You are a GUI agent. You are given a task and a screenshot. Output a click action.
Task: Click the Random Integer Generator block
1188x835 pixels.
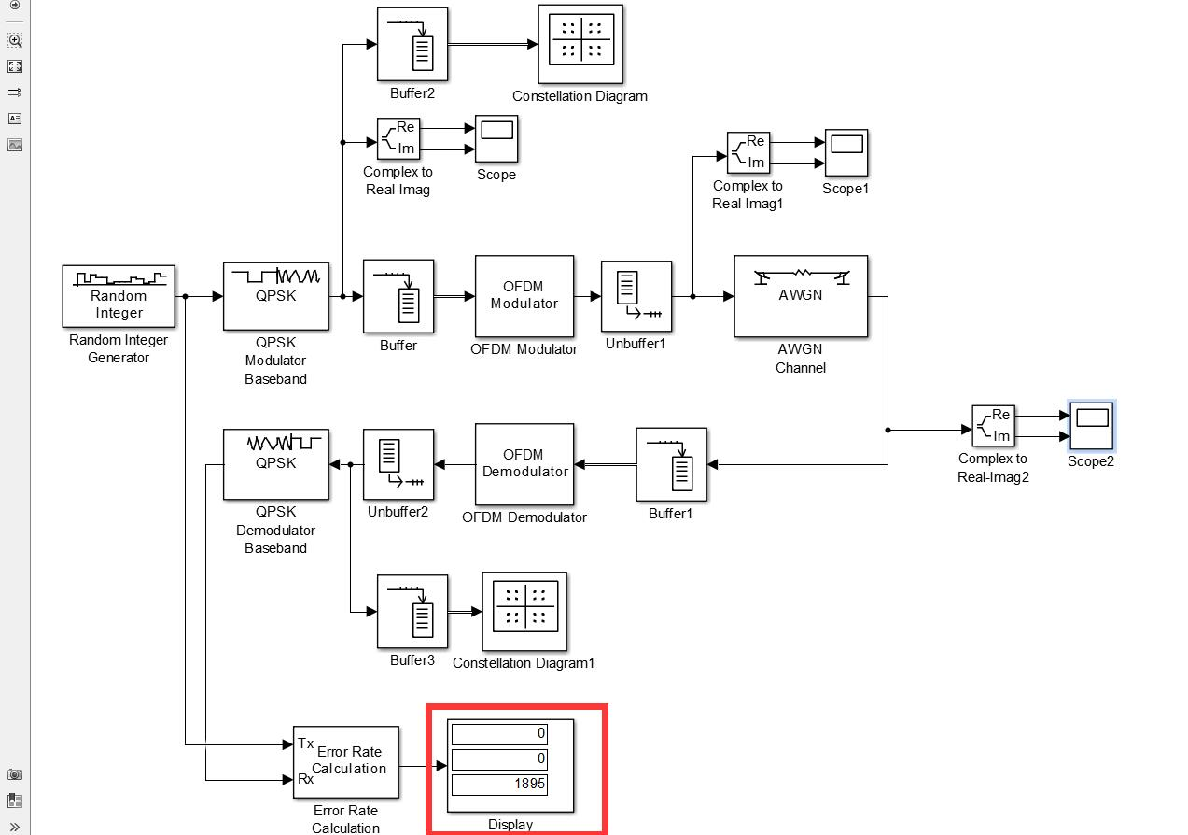tap(119, 295)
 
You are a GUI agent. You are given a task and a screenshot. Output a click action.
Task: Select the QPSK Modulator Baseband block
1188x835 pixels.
tap(275, 296)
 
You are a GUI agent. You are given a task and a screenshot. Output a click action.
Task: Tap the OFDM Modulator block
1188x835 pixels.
tap(524, 296)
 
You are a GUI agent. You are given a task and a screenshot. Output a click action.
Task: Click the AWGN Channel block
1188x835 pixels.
tap(801, 296)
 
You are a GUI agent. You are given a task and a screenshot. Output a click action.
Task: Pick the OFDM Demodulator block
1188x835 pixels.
tap(524, 464)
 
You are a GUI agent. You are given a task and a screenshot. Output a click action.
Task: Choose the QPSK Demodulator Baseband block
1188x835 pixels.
tap(275, 464)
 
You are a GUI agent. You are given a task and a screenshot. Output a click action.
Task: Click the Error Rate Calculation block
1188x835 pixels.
tap(346, 761)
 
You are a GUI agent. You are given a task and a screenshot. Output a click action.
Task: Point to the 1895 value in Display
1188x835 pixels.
tap(498, 785)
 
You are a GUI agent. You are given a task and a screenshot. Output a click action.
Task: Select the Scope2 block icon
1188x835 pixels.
tap(1090, 426)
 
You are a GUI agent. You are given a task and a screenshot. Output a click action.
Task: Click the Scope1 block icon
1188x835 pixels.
tap(846, 153)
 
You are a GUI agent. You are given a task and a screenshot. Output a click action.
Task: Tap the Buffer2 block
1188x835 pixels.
tap(412, 45)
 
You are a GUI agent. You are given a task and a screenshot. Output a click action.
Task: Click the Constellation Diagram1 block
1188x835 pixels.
tap(524, 611)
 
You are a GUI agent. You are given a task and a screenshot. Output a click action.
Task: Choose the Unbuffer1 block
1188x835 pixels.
tap(636, 296)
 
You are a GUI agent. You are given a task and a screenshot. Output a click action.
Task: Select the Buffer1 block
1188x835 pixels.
tap(671, 464)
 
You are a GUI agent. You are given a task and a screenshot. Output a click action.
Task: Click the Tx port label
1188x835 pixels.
tap(305, 743)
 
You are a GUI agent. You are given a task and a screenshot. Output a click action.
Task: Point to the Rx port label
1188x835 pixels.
tap(305, 779)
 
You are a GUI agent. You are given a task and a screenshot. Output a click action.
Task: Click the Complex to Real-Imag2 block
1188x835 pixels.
tap(993, 426)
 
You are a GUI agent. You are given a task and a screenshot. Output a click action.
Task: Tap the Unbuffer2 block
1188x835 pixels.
tap(398, 464)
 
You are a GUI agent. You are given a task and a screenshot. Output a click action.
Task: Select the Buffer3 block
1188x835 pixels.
tap(412, 611)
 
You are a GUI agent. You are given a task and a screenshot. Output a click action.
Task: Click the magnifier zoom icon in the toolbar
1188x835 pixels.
tap(15, 40)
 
